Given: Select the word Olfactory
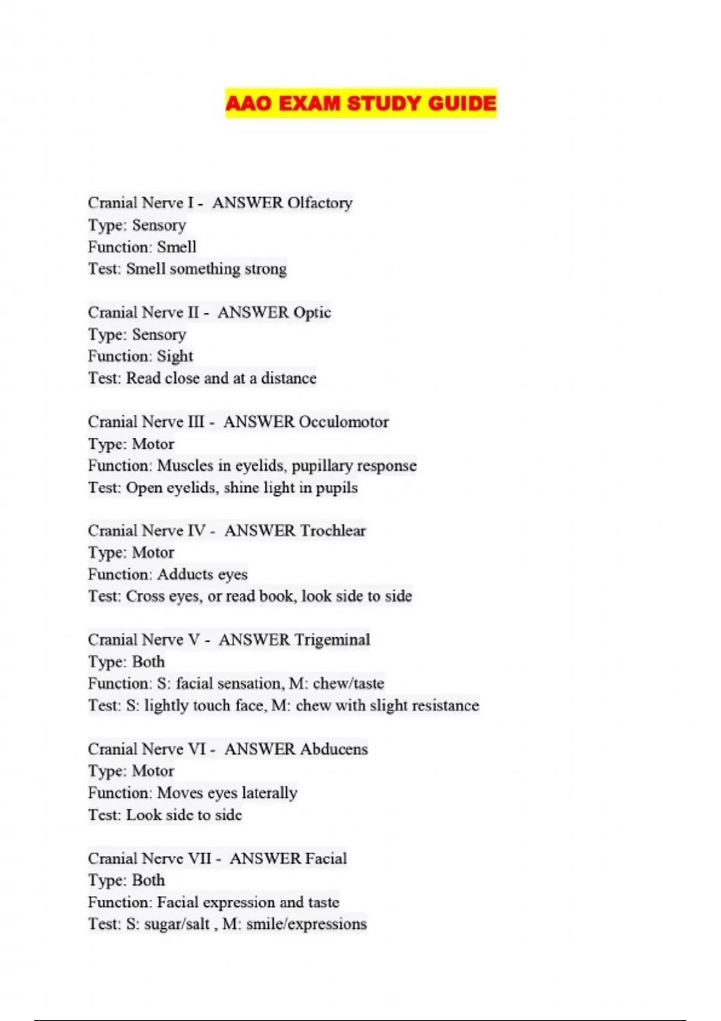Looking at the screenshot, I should [x=320, y=203].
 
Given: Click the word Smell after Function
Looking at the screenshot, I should [x=177, y=247].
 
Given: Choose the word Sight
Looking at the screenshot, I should [x=175, y=356].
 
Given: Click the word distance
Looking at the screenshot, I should [x=288, y=378].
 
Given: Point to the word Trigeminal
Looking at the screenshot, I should [x=332, y=640].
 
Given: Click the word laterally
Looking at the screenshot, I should [x=269, y=793].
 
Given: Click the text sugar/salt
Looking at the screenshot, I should [x=177, y=924].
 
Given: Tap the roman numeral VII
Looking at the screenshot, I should [x=200, y=858].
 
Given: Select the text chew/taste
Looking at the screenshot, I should [x=348, y=683].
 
